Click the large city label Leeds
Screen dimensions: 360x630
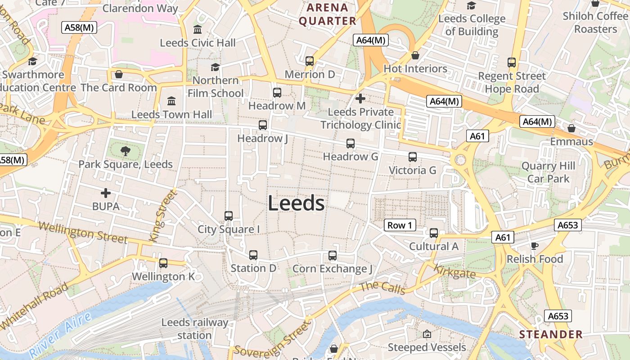[x=296, y=203]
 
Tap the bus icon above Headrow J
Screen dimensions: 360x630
[x=262, y=125]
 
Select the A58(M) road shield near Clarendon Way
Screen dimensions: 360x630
[x=79, y=27]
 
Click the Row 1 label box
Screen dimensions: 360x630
[x=400, y=225]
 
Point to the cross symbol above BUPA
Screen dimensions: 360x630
[x=106, y=193]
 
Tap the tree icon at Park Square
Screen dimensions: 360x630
[x=126, y=151]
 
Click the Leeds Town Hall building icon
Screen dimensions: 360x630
[x=171, y=101]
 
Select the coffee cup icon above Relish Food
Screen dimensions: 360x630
[x=534, y=246]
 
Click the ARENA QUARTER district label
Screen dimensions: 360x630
[x=327, y=14]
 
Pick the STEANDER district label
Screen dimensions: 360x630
[x=551, y=334]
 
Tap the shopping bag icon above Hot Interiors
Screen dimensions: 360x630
[x=415, y=55]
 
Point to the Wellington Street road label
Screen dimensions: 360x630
[x=83, y=232]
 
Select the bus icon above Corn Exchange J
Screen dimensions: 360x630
[x=333, y=256]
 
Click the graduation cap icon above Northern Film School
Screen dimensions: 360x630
[x=215, y=67]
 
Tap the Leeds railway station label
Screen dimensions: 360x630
[x=194, y=328]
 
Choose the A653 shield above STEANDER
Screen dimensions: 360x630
[x=558, y=316]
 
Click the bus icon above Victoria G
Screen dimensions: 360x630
[x=412, y=157]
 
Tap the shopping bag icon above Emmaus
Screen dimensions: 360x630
[x=571, y=129]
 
